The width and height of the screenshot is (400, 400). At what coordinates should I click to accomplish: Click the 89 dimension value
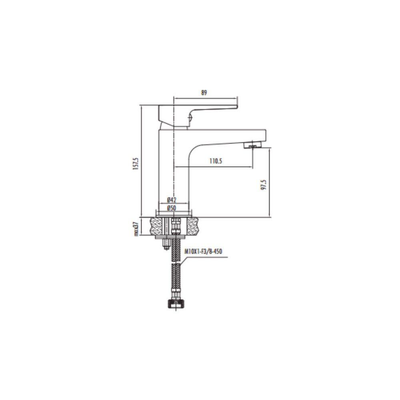[204, 93]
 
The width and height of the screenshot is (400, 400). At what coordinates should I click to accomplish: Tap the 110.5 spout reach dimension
[216, 161]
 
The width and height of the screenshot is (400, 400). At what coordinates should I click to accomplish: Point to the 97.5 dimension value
[264, 184]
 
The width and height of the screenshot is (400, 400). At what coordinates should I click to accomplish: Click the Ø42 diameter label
[172, 200]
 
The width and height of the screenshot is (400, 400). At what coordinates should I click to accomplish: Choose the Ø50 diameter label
[172, 208]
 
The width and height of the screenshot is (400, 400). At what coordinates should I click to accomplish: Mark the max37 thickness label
[136, 229]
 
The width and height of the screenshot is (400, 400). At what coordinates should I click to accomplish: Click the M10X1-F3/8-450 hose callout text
[203, 252]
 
